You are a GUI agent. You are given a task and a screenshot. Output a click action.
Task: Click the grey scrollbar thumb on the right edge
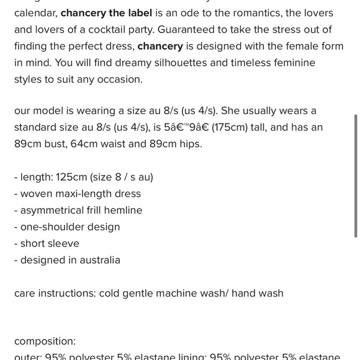click(355, 176)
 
